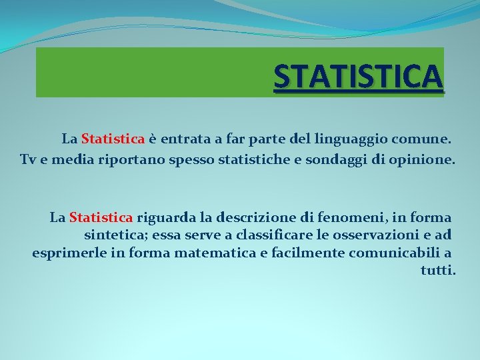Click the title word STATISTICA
358,76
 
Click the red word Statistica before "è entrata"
113,139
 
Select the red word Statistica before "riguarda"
101,217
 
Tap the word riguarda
163,217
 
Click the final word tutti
438,271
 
